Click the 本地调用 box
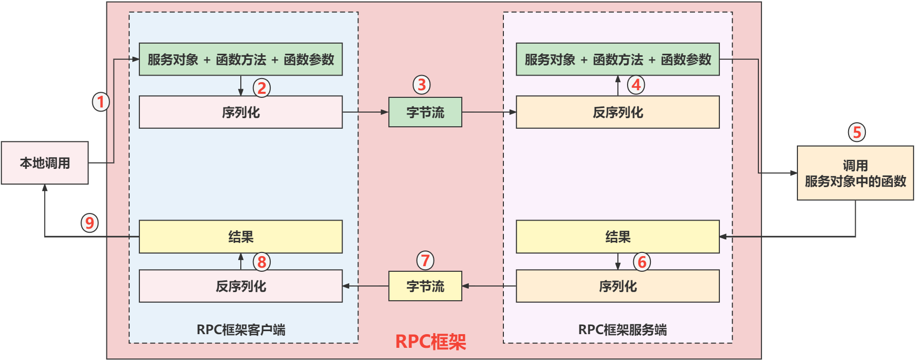45,163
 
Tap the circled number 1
101,102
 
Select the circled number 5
857,132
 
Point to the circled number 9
90,223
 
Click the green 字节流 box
425,112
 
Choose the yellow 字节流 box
425,286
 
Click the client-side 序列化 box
240,112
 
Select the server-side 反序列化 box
617,112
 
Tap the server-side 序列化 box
617,286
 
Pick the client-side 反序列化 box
240,286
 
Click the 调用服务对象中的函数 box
855,173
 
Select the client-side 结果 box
240,237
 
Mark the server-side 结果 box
617,237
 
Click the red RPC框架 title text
430,342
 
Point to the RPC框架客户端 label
241,330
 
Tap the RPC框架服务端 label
622,330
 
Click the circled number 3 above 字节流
421,85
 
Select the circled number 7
425,261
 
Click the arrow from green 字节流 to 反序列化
489,112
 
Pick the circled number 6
642,262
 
